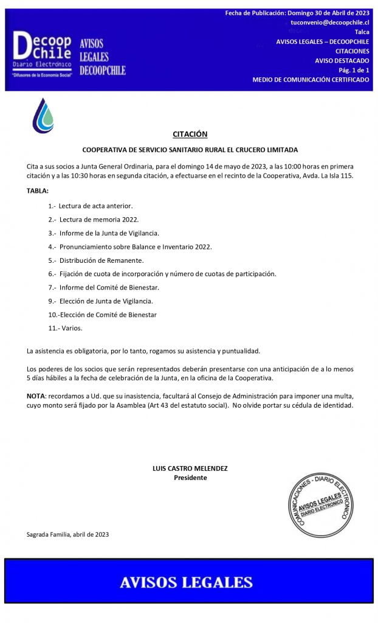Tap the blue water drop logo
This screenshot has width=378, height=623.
(43, 116)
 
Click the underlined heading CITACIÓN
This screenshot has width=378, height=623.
(190, 134)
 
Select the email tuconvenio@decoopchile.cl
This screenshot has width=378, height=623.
(330, 22)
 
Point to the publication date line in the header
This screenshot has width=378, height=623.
(297, 13)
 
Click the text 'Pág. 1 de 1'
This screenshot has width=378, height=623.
(354, 70)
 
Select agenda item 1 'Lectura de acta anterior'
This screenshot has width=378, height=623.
(91, 206)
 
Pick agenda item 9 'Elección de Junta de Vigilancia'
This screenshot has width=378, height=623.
(100, 301)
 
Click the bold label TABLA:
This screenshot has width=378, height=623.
(37, 190)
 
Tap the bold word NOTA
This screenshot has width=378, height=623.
(36, 396)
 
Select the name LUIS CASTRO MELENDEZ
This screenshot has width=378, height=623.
(190, 468)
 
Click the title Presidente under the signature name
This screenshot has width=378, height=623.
(190, 478)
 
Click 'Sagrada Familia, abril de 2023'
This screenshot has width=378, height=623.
(68, 535)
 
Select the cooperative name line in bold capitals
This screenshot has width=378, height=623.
(190, 150)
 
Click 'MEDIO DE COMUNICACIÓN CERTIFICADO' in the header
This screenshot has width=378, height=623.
(311, 80)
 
